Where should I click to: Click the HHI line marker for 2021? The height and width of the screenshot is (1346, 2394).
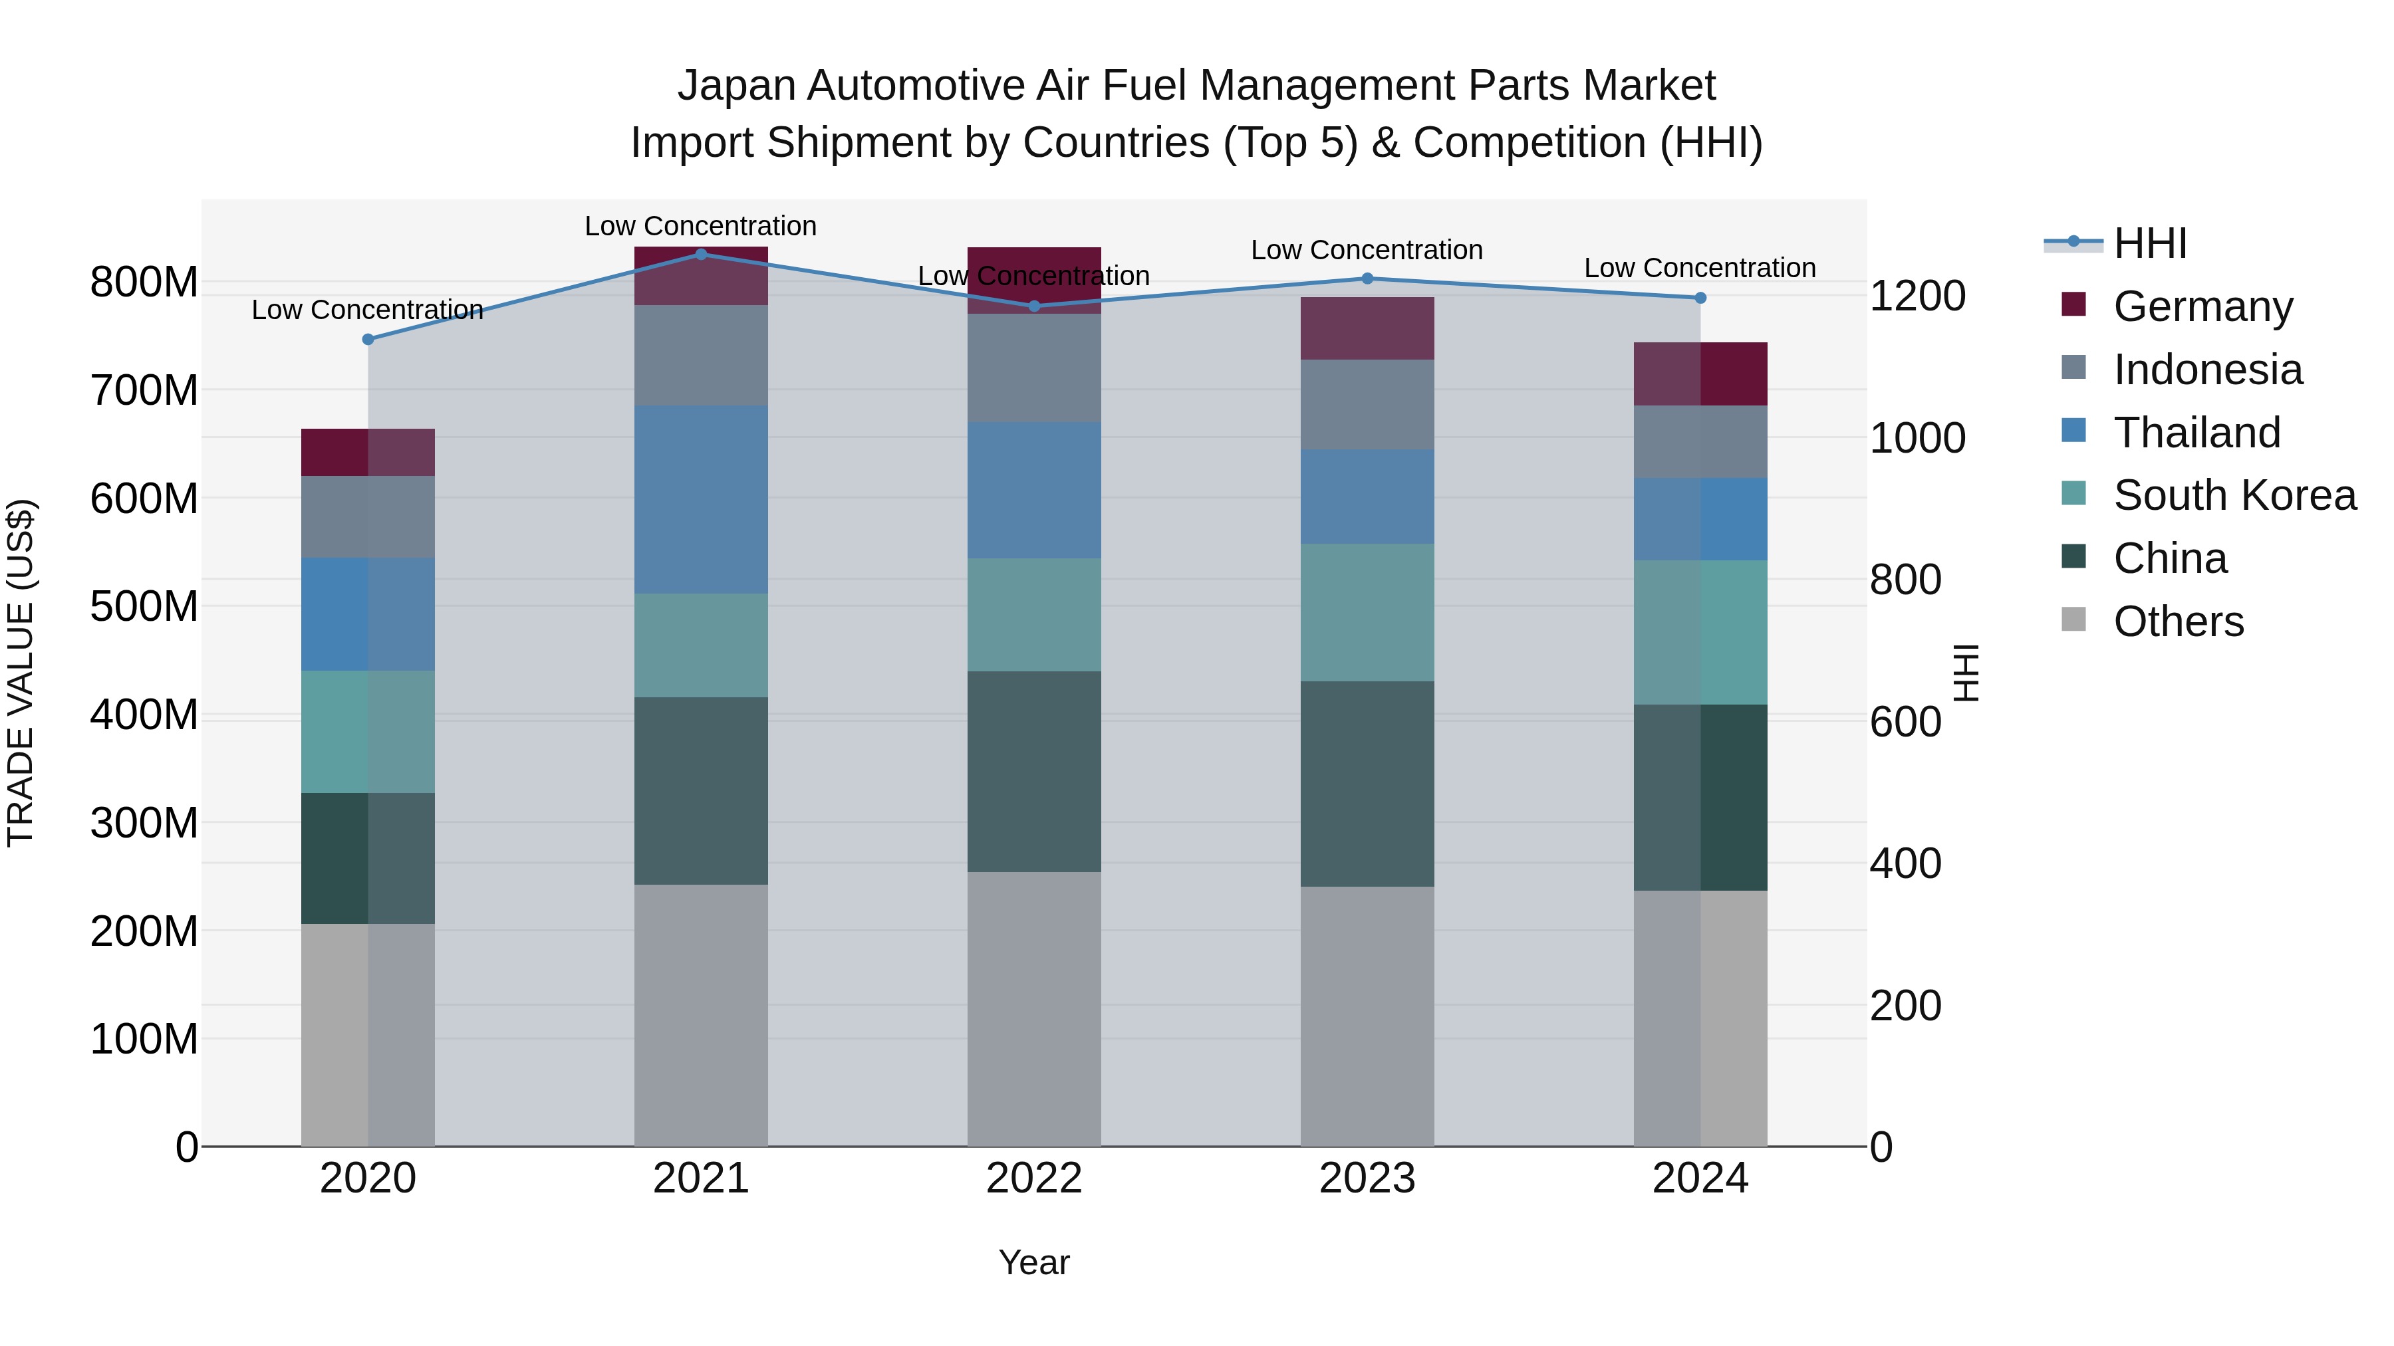click(x=701, y=254)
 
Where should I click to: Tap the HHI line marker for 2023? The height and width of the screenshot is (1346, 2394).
click(x=1367, y=278)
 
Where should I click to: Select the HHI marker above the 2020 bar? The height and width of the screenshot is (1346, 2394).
click(x=368, y=339)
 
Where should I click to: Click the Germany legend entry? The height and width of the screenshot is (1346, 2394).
click(x=2202, y=306)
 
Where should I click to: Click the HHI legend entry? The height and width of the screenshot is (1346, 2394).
click(x=2149, y=243)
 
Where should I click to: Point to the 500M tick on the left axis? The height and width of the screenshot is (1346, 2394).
click(x=144, y=607)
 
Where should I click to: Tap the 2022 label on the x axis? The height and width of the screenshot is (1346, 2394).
click(x=1033, y=1178)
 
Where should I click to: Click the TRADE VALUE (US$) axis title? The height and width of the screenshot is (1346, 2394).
click(x=21, y=673)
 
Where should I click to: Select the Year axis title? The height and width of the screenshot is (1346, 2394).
click(x=1033, y=1262)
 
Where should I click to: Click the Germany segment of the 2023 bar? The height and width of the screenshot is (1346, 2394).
click(x=1367, y=328)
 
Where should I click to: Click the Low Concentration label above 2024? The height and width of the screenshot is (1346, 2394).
click(x=1699, y=267)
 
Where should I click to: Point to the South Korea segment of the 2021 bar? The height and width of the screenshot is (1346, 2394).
click(x=701, y=645)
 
